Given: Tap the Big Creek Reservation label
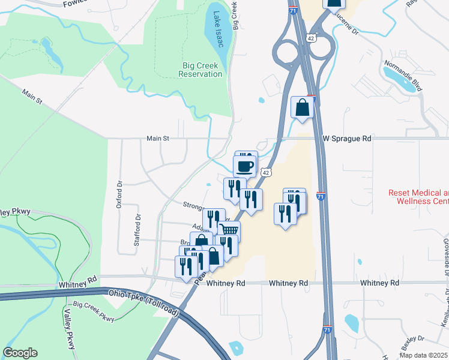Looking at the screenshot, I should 200,70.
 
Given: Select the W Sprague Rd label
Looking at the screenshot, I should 347,139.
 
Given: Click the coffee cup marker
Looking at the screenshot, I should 244,165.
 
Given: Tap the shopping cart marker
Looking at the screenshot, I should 229,230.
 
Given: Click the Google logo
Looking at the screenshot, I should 20,353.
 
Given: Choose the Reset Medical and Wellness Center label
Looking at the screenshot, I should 418,197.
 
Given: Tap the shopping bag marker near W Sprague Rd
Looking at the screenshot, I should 302,108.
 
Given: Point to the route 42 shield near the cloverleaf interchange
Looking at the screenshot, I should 310,37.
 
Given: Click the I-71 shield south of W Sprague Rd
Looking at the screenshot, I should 321,196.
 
